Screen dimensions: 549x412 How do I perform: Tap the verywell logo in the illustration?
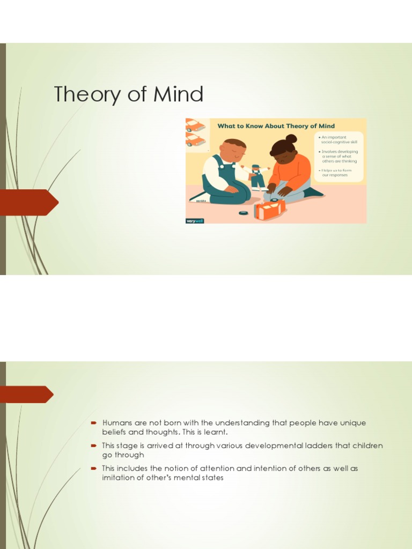pyautogui.click(x=195, y=220)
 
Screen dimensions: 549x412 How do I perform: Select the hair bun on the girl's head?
pyautogui.click(x=291, y=139)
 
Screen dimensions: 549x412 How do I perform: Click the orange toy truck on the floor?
pyautogui.click(x=270, y=209)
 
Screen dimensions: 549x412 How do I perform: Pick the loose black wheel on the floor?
pyautogui.click(x=244, y=212)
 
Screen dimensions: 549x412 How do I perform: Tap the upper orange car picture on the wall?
pyautogui.click(x=195, y=126)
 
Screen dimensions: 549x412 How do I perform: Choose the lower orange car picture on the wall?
pyautogui.click(x=195, y=140)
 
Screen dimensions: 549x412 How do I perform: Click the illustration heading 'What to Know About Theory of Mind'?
pyautogui.click(x=276, y=126)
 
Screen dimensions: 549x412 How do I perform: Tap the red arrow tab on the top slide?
pyautogui.click(x=30, y=202)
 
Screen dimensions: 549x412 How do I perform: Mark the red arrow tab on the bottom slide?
pyautogui.click(x=27, y=394)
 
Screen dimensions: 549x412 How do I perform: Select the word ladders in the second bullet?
pyautogui.click(x=277, y=446)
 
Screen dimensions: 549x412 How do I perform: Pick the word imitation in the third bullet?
pyautogui.click(x=120, y=477)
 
